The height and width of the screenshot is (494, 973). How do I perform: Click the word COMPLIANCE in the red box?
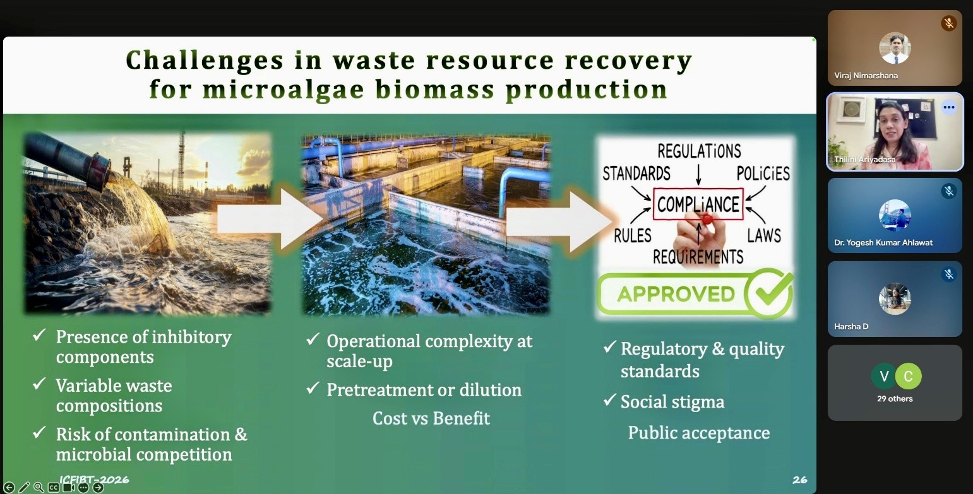pyautogui.click(x=698, y=204)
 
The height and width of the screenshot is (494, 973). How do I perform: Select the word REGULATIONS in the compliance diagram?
pyautogui.click(x=699, y=151)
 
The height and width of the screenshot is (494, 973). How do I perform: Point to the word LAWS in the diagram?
pyautogui.click(x=763, y=236)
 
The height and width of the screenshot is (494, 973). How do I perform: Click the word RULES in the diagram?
pyautogui.click(x=633, y=236)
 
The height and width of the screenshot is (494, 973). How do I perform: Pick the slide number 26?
pyautogui.click(x=800, y=479)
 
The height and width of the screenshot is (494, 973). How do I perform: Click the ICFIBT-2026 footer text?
pyautogui.click(x=94, y=479)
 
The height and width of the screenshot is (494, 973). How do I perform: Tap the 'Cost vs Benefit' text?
pyautogui.click(x=431, y=418)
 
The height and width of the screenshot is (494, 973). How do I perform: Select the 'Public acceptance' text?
pyautogui.click(x=698, y=433)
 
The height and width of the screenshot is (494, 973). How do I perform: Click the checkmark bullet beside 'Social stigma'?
pyautogui.click(x=610, y=399)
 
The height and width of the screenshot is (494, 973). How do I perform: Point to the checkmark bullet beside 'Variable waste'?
pyautogui.click(x=39, y=384)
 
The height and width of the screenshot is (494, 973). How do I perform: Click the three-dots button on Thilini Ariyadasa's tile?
pyautogui.click(x=948, y=107)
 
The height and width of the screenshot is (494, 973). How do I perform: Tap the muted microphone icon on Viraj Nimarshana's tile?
pyautogui.click(x=948, y=23)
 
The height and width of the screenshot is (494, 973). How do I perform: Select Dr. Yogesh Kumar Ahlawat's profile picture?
pyautogui.click(x=894, y=215)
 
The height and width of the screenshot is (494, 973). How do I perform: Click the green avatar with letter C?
pyautogui.click(x=908, y=376)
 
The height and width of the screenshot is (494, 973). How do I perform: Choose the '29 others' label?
pyautogui.click(x=894, y=399)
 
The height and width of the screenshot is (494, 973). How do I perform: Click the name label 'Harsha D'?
pyautogui.click(x=851, y=326)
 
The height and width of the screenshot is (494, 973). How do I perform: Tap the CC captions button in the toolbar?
pyautogui.click(x=54, y=488)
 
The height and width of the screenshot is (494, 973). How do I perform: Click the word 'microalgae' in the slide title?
pyautogui.click(x=284, y=90)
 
